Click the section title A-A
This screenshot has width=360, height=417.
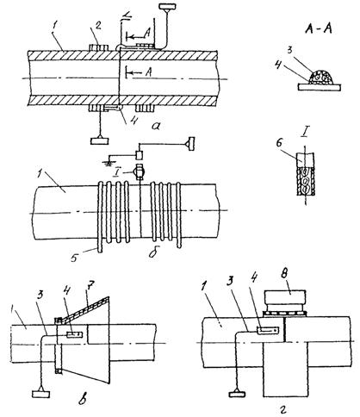(x=319, y=29)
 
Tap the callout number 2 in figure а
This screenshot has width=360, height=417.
(x=98, y=26)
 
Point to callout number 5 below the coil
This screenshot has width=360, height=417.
(x=74, y=258)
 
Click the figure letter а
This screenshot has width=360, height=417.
(x=157, y=126)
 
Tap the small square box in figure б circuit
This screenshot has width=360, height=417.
(x=140, y=155)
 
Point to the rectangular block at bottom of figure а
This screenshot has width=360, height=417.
(x=100, y=140)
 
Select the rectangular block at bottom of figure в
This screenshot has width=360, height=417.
(x=40, y=394)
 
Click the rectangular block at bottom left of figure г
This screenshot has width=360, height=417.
(x=238, y=394)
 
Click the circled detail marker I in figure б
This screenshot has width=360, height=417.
(x=139, y=172)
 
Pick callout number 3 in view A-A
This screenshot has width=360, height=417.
(x=289, y=51)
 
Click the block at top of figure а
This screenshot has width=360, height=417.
(x=167, y=6)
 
